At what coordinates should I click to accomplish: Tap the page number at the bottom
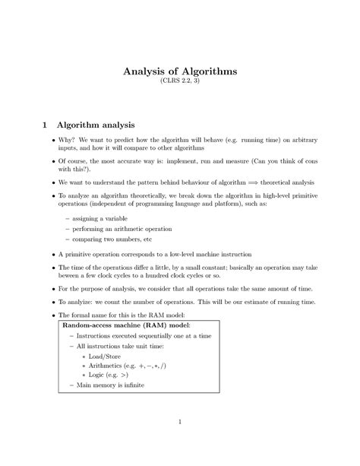179,422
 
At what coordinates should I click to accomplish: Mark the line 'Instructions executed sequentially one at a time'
144,335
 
